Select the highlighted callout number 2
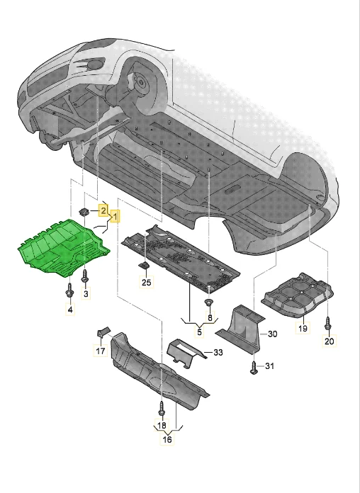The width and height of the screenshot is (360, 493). (102, 210)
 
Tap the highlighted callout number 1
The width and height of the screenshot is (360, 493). (113, 215)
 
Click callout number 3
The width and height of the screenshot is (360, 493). (86, 293)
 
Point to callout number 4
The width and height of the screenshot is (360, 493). (69, 310)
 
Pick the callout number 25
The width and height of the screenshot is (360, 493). (146, 283)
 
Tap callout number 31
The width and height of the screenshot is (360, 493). (269, 366)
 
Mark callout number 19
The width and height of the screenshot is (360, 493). (302, 329)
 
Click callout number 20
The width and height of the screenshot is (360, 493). (327, 342)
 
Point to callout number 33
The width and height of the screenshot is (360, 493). (217, 352)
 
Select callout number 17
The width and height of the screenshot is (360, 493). (100, 351)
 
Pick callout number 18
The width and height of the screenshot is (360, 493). (162, 426)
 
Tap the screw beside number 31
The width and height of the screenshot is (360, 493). (254, 366)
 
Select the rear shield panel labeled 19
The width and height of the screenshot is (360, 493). (298, 295)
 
